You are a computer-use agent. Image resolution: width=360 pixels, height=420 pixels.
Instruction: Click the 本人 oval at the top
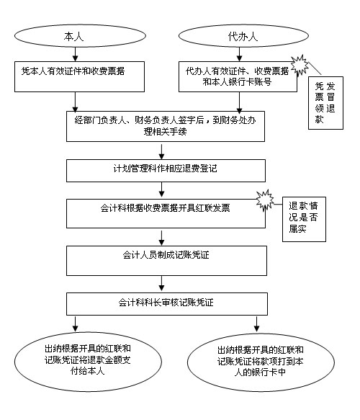(80, 36)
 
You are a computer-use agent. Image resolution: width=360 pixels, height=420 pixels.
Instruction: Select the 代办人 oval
(243, 36)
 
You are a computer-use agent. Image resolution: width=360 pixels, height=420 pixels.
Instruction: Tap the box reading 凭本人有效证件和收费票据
(79, 76)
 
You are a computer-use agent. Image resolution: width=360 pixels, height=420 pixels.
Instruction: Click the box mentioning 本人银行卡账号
(238, 76)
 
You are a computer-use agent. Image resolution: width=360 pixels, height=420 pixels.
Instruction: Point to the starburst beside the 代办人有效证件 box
(300, 65)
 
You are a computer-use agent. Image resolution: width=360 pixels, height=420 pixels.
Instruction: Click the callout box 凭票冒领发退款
(325, 103)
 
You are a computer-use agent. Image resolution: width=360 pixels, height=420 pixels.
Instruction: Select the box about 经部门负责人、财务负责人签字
(166, 126)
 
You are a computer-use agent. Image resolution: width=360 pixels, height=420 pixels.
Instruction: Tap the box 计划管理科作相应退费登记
(166, 171)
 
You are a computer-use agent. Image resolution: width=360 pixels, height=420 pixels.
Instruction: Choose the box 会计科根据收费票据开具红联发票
(166, 213)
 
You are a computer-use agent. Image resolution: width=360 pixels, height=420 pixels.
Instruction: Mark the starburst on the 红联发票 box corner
(265, 200)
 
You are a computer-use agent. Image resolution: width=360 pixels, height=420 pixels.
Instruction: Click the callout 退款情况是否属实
(304, 219)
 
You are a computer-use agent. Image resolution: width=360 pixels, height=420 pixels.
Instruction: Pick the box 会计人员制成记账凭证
(166, 261)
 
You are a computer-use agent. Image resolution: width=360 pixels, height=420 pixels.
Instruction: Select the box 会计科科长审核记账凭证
(167, 304)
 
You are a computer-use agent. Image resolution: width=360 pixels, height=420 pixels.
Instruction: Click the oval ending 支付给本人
(88, 362)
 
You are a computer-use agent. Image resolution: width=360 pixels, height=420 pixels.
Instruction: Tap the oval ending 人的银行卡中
(261, 362)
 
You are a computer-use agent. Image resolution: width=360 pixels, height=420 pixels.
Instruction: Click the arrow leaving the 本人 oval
(75, 54)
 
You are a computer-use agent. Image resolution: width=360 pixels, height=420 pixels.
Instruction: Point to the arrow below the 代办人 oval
(239, 54)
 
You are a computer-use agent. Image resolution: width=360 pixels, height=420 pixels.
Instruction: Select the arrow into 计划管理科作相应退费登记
(161, 152)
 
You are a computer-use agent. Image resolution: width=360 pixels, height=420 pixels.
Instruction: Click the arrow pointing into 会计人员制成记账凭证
(161, 238)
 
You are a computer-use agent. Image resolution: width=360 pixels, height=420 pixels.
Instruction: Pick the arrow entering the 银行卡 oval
(257, 324)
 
